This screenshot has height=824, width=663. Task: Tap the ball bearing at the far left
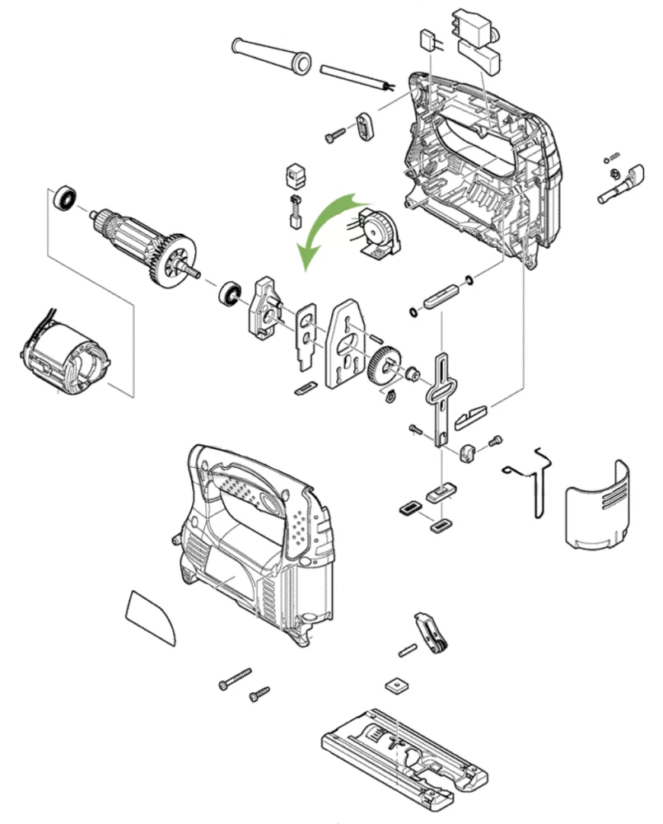point(65,199)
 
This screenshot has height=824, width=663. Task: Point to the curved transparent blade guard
point(597,503)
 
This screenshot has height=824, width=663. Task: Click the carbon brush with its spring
point(295,210)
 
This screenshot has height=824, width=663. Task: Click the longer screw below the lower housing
point(234,678)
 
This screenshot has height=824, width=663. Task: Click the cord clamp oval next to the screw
point(365,127)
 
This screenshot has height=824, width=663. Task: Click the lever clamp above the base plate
point(432,632)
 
